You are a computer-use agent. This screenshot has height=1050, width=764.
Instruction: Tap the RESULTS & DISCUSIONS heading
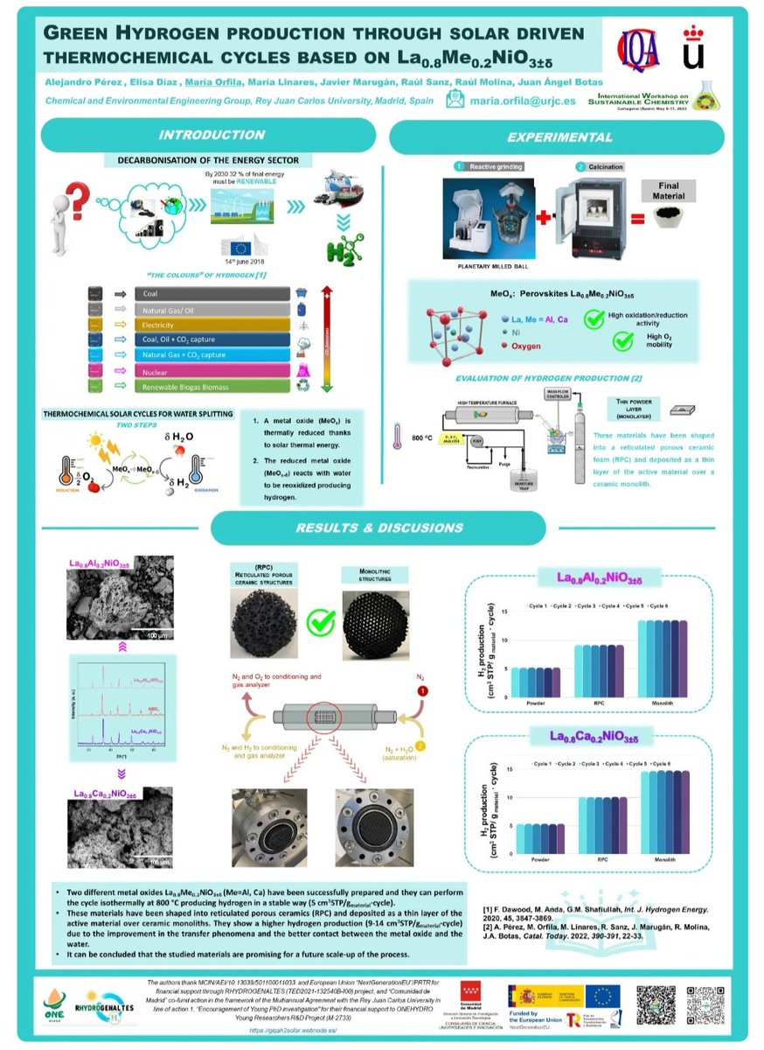(379, 528)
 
